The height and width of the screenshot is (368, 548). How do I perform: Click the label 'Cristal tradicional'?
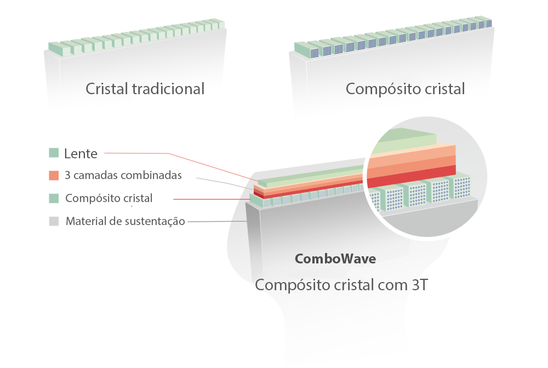145,89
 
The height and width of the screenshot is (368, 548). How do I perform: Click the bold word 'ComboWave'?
335,258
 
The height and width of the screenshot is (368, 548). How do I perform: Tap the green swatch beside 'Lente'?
54,153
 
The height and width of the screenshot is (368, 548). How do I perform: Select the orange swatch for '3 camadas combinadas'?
54,175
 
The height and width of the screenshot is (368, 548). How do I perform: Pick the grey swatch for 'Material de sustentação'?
54,221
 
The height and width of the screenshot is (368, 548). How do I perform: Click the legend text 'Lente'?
81,154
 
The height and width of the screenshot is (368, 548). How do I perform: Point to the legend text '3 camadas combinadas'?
123,175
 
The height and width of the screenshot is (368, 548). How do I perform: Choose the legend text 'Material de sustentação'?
125,221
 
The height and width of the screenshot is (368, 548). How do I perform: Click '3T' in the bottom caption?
420,285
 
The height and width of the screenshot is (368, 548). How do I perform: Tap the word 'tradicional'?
168,89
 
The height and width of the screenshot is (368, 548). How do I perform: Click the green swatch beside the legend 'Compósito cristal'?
54,198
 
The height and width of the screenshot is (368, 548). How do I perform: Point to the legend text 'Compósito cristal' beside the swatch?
109,198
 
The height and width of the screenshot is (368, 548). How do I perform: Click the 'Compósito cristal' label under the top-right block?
406,89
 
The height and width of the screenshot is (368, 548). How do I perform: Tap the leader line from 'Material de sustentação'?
217,221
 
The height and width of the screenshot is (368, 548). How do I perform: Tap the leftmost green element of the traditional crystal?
55,49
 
